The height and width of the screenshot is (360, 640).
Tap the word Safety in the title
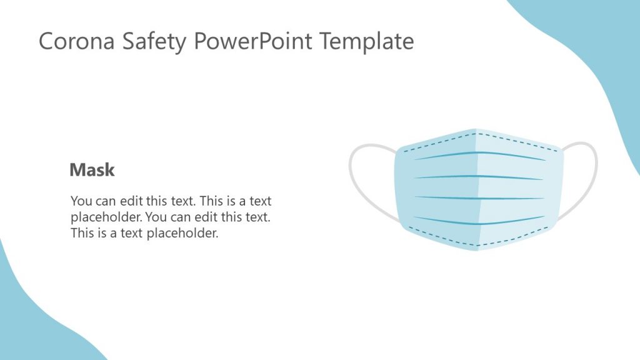point(145,41)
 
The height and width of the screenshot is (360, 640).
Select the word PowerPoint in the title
point(253,42)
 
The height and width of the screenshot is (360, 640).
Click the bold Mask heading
point(92,170)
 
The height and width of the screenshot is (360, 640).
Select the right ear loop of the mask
point(587,181)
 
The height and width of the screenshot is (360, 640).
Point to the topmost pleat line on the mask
point(478,153)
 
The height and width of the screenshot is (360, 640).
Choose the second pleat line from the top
point(478,176)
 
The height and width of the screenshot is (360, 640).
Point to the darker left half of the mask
point(437,187)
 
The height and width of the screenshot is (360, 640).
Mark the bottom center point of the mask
point(478,250)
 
